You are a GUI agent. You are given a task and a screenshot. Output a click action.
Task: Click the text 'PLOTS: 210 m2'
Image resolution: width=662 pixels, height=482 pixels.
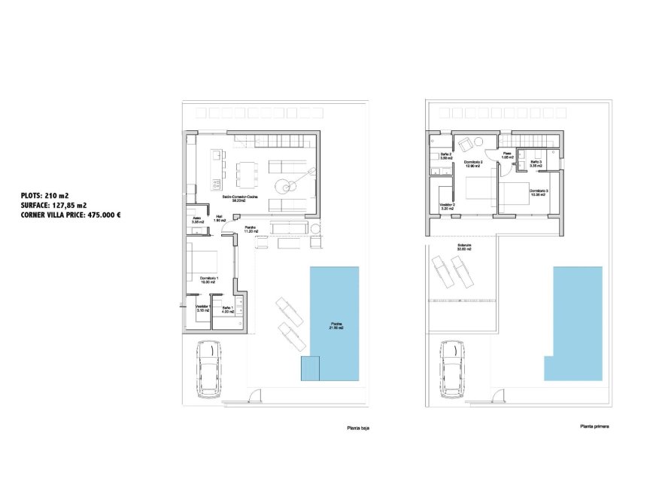(x=45, y=195)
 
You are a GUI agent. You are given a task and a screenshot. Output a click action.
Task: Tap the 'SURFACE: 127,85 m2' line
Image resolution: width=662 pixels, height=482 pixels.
(x=53, y=205)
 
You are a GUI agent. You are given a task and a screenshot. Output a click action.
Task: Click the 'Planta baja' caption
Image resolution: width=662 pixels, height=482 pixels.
(x=357, y=428)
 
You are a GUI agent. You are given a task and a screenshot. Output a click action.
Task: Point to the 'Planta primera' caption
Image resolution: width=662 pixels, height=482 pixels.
(x=594, y=426)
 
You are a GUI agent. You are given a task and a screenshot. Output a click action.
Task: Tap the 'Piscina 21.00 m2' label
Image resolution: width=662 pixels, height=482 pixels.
(x=335, y=326)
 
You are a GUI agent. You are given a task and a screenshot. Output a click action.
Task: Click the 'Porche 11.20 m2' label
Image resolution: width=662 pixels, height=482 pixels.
(x=251, y=229)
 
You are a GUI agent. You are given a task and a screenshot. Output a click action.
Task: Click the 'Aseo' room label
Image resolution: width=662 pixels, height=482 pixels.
(x=197, y=220)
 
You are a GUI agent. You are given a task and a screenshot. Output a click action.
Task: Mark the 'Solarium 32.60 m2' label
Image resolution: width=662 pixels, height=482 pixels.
(x=464, y=246)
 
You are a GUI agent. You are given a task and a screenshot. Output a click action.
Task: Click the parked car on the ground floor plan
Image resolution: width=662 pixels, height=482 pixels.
(x=207, y=369)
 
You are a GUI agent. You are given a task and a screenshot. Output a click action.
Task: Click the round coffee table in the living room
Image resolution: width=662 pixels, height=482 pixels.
(x=284, y=186)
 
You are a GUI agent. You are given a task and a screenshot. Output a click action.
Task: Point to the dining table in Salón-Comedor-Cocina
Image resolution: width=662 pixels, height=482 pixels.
(x=245, y=174)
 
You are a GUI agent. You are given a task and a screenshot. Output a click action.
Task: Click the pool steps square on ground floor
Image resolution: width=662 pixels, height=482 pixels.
(x=310, y=369)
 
